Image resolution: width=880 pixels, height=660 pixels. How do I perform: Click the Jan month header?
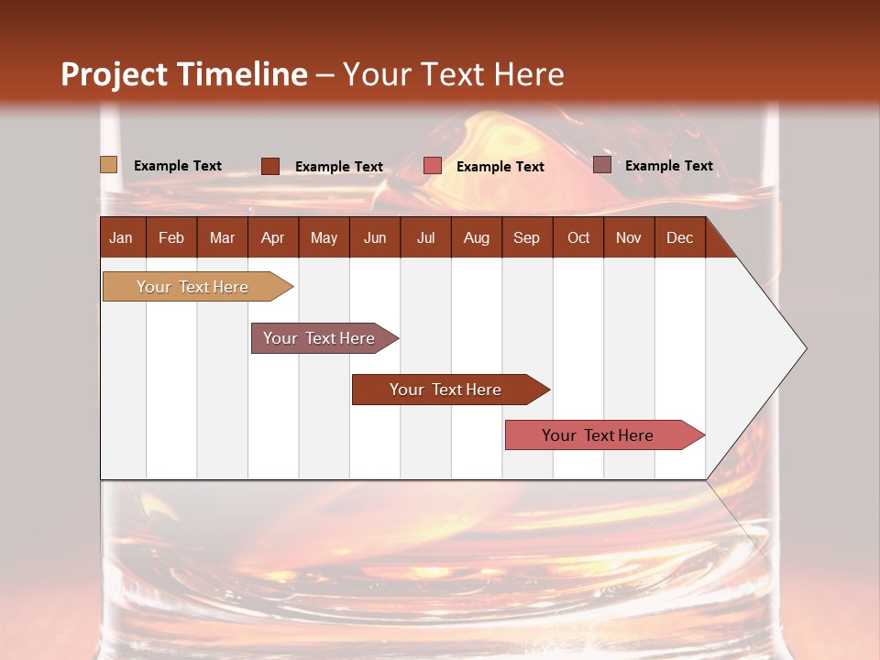[x=122, y=237]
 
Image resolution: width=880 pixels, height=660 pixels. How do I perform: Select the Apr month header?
[x=273, y=237]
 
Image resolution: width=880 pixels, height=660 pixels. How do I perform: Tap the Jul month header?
[x=426, y=237]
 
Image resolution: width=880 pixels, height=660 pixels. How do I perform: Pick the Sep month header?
[x=526, y=237]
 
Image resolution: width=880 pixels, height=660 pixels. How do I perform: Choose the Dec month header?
[x=679, y=237]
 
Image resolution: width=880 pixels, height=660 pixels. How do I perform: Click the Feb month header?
[x=171, y=237]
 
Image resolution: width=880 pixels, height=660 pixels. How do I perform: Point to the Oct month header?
[x=578, y=237]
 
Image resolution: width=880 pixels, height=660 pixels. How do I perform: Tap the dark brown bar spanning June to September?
[x=446, y=390]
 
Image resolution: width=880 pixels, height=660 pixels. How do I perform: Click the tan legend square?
[x=108, y=165]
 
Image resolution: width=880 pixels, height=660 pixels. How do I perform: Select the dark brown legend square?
[x=270, y=166]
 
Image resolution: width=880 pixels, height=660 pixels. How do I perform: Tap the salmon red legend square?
[x=433, y=166]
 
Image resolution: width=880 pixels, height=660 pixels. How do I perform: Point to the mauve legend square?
[x=601, y=165]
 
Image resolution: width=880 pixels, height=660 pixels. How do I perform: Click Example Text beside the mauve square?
[x=668, y=166]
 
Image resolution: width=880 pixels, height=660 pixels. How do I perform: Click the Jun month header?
[x=375, y=237]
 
